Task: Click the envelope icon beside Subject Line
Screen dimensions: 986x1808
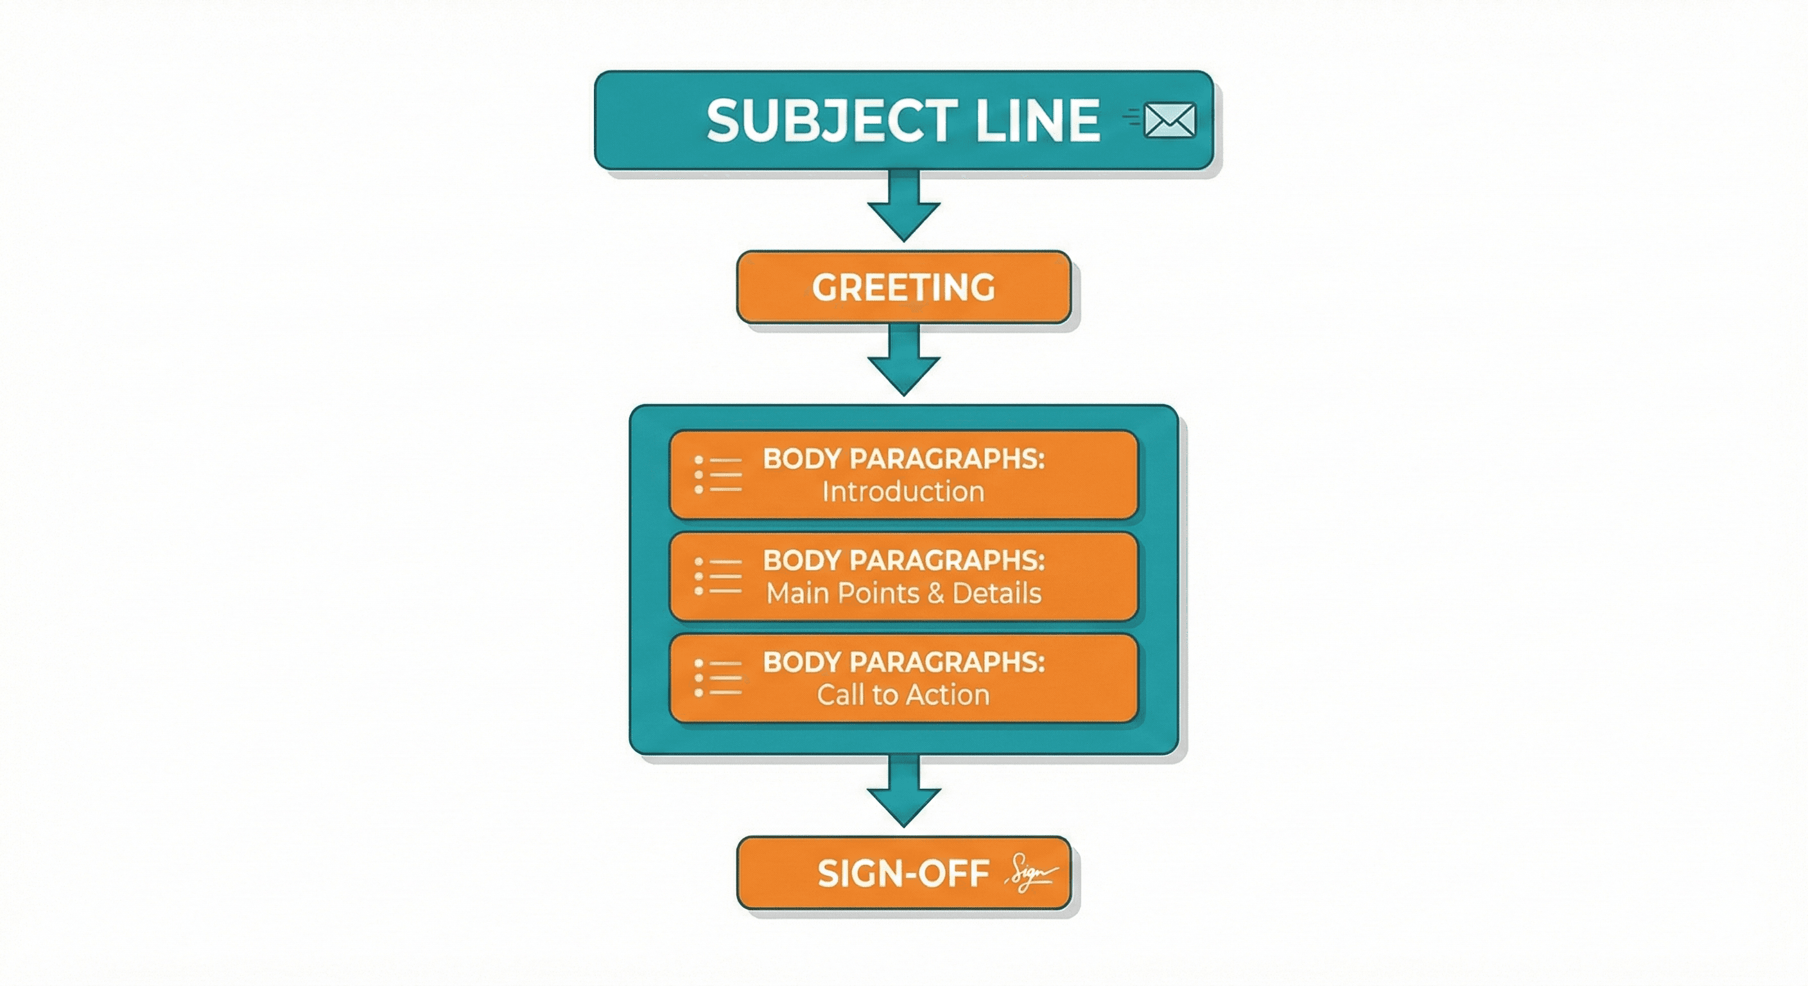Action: coord(1169,120)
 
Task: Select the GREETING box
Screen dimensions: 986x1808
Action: coord(903,287)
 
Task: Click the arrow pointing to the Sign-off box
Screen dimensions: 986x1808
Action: coord(903,791)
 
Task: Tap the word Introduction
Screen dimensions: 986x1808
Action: coord(903,491)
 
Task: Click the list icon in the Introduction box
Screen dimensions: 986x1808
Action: coord(717,475)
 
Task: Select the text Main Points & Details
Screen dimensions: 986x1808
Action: coord(903,593)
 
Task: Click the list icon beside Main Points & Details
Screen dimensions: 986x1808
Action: coord(717,577)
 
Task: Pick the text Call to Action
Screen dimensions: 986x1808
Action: coord(903,695)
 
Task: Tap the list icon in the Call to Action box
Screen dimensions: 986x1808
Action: coord(717,678)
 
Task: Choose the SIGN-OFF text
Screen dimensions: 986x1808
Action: coord(903,874)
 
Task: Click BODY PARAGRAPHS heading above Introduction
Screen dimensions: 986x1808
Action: coord(903,459)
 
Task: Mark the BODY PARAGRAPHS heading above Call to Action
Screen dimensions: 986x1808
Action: coord(903,662)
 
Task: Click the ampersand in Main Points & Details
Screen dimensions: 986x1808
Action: coord(935,594)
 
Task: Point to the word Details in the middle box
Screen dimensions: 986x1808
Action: coord(996,593)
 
